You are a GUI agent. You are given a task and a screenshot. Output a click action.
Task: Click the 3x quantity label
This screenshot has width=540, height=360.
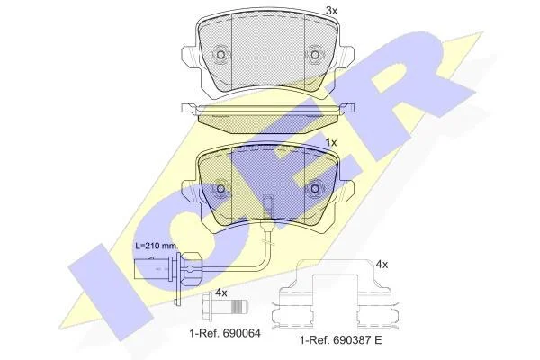click(x=331, y=11)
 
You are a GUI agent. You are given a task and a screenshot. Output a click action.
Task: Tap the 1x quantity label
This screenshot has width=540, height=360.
click(x=331, y=142)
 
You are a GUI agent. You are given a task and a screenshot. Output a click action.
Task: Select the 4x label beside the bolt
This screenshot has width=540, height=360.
click(x=221, y=292)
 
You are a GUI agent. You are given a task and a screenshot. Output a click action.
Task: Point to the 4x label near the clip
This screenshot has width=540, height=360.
click(x=382, y=265)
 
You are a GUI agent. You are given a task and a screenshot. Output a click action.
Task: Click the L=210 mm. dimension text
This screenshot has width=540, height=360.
click(x=157, y=246)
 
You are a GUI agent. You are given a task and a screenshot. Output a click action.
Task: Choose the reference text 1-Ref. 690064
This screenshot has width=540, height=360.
click(x=224, y=333)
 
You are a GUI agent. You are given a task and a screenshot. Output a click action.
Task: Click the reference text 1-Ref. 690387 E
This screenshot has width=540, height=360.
click(x=341, y=340)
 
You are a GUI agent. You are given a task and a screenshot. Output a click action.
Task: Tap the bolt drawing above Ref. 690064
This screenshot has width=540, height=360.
click(x=224, y=303)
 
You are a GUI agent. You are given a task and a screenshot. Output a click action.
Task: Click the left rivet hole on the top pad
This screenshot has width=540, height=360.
click(x=220, y=55)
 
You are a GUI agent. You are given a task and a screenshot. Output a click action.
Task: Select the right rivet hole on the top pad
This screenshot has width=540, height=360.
click(x=314, y=55)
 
